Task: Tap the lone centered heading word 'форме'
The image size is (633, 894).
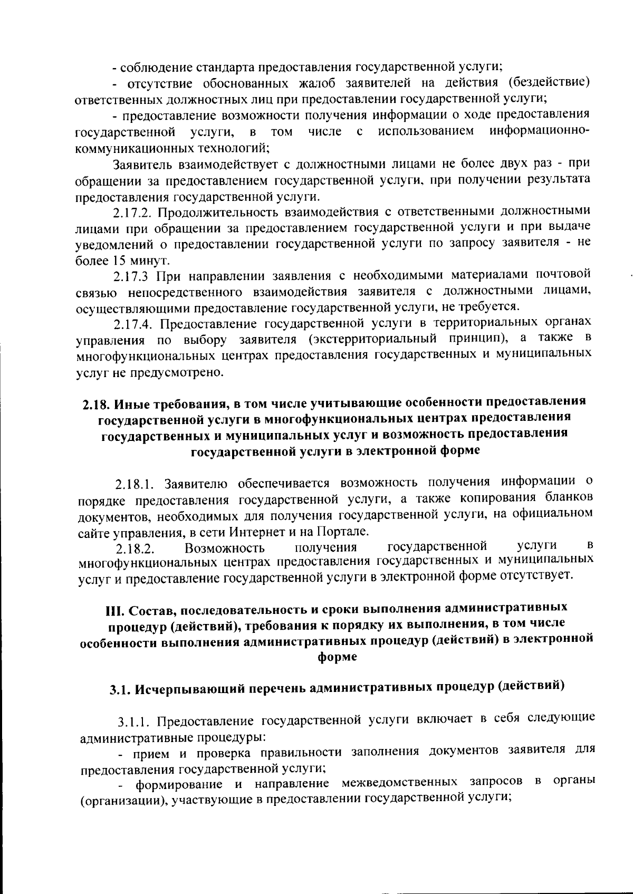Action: point(337,657)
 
